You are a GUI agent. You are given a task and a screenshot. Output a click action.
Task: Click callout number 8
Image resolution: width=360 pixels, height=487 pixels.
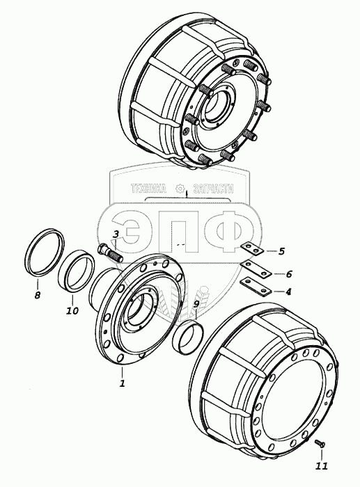[38, 295]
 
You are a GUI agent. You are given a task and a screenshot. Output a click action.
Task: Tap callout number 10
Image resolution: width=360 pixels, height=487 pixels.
[72, 310]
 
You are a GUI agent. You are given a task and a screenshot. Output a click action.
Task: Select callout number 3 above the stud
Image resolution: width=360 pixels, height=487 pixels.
[116, 234]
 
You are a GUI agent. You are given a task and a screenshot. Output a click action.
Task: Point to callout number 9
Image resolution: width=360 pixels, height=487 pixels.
[196, 305]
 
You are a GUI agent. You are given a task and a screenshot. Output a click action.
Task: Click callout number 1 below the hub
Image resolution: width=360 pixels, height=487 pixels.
[122, 383]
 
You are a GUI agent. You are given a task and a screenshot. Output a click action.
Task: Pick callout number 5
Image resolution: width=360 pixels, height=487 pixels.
[281, 251]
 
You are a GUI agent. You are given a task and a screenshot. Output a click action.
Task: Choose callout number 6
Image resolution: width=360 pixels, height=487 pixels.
[289, 274]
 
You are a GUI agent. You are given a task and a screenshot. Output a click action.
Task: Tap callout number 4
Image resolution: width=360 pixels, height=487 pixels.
[288, 292]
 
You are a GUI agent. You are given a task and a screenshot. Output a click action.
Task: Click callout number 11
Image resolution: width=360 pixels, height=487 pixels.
[322, 466]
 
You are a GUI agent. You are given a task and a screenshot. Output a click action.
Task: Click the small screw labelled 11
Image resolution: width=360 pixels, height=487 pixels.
[320, 444]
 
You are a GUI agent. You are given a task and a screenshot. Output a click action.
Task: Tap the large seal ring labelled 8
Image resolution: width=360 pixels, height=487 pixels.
[44, 252]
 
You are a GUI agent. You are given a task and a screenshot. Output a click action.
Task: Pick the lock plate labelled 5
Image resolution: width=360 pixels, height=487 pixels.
[252, 249]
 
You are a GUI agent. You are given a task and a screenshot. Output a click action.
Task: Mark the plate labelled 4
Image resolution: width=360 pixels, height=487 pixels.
[256, 287]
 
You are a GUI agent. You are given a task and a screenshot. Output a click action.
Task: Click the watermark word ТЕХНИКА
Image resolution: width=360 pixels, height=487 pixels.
[148, 189]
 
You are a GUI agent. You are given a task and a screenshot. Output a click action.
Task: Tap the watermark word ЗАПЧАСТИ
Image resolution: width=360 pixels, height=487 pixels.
[213, 189]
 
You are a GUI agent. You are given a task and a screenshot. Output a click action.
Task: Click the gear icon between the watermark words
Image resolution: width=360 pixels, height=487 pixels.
[180, 189]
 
